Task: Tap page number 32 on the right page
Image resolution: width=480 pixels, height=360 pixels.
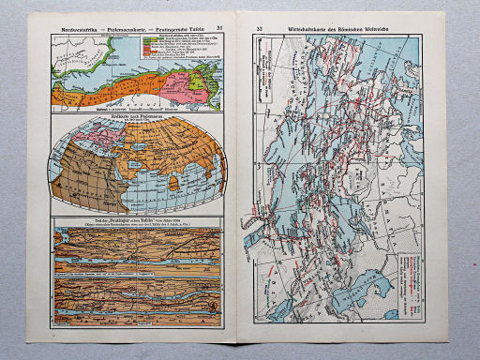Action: tap(259, 30)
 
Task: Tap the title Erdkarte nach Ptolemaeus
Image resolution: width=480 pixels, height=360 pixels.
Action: tap(139, 116)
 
